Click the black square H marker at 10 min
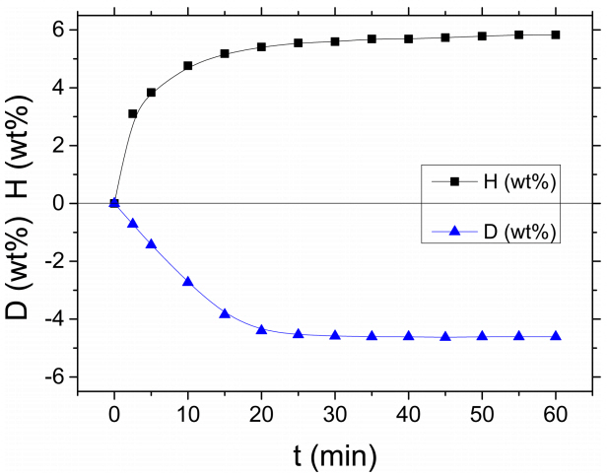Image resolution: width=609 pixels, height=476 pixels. tap(188, 66)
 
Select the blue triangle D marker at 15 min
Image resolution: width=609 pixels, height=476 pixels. tap(225, 313)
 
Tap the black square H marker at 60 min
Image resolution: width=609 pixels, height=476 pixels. tap(556, 34)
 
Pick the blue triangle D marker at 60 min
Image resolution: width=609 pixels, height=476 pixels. tap(556, 336)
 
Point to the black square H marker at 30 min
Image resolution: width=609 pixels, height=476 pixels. tap(335, 41)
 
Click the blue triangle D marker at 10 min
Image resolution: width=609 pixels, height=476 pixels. tap(188, 281)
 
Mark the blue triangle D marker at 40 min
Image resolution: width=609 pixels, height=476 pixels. tap(409, 336)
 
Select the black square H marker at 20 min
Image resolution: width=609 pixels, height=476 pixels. tap(261, 46)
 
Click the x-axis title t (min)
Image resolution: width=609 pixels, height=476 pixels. tap(335, 455)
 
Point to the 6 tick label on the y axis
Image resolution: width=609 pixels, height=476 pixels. tap(58, 30)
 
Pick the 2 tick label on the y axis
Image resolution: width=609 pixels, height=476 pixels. tap(58, 146)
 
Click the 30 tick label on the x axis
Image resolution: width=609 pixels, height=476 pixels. tap(335, 414)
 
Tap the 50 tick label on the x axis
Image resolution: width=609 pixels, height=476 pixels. tap(482, 414)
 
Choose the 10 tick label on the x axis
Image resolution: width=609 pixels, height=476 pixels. tap(188, 414)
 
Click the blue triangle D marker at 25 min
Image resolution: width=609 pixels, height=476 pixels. tap(299, 333)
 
